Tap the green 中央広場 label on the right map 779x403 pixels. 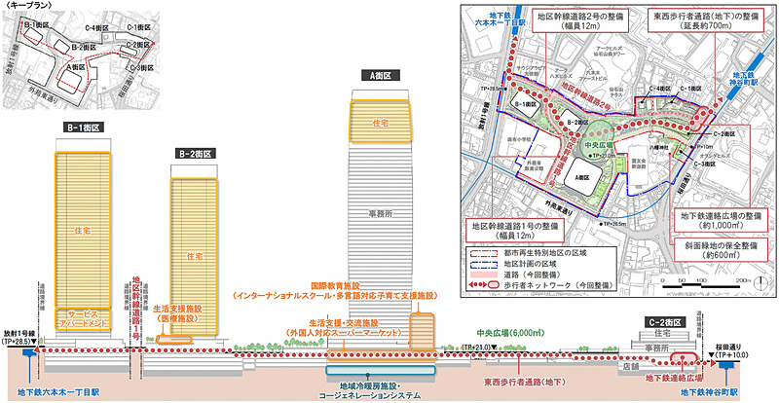(x=589, y=147)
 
